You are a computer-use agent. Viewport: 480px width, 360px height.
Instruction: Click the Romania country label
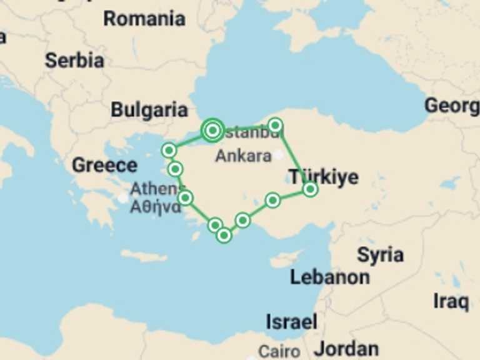[144, 19]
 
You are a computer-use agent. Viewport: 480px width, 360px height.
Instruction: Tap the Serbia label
[74, 61]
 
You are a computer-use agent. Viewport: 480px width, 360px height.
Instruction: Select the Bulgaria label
[149, 111]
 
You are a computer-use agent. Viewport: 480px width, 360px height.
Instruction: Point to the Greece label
[104, 166]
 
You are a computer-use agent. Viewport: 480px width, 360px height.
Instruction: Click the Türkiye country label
[323, 177]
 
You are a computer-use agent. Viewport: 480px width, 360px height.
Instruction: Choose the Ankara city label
[243, 156]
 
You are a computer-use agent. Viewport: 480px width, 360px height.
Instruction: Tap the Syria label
[380, 255]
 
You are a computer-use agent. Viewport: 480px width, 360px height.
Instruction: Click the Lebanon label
[330, 277]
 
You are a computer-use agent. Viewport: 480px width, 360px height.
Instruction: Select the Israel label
[291, 322]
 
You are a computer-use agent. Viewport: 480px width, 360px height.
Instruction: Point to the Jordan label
[346, 349]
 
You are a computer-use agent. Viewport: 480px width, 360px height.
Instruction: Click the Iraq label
[451, 302]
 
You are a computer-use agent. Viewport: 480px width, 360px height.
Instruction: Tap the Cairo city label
[279, 352]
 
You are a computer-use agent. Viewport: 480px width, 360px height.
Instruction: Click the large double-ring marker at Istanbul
[212, 130]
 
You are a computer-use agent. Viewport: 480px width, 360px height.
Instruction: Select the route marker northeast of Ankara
[275, 125]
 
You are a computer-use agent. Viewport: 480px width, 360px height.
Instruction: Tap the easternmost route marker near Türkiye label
[310, 189]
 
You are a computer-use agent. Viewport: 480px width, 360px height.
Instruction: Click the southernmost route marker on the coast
[224, 236]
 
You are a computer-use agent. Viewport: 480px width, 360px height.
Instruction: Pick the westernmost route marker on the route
[169, 150]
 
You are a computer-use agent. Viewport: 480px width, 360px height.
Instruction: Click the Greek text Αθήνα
[155, 207]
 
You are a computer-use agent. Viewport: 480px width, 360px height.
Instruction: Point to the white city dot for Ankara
[279, 155]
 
